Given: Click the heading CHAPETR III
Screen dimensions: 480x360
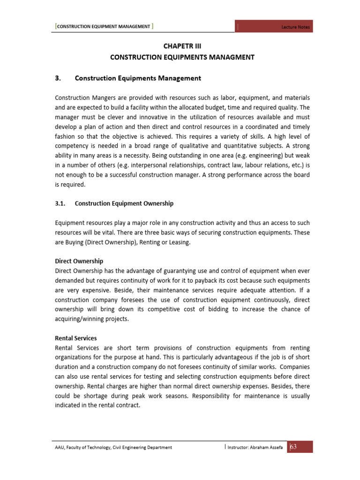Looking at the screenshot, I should pos(182,46).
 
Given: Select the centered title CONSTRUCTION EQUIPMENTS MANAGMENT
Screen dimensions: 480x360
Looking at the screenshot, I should pos(182,57).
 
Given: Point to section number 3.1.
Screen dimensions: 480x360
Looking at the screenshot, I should pos(62,203).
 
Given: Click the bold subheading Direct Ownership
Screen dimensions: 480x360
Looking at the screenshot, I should pos(79,261).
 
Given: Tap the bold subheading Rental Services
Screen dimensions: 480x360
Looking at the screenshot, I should pos(76,338).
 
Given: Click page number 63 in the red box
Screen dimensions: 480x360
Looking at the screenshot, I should pos(293,447).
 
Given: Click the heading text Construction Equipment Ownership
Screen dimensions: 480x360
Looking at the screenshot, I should pos(124,203).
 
